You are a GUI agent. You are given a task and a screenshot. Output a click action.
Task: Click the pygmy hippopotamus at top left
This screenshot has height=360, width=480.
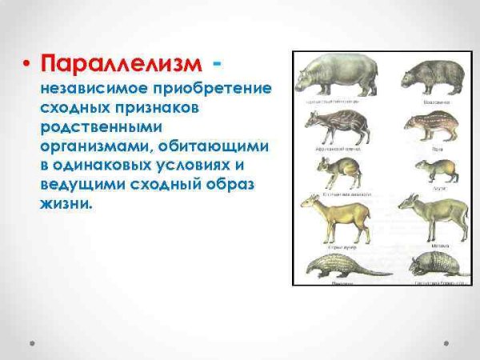click(331, 78)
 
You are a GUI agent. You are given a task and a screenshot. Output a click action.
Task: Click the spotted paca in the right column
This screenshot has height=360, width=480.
click(433, 125)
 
